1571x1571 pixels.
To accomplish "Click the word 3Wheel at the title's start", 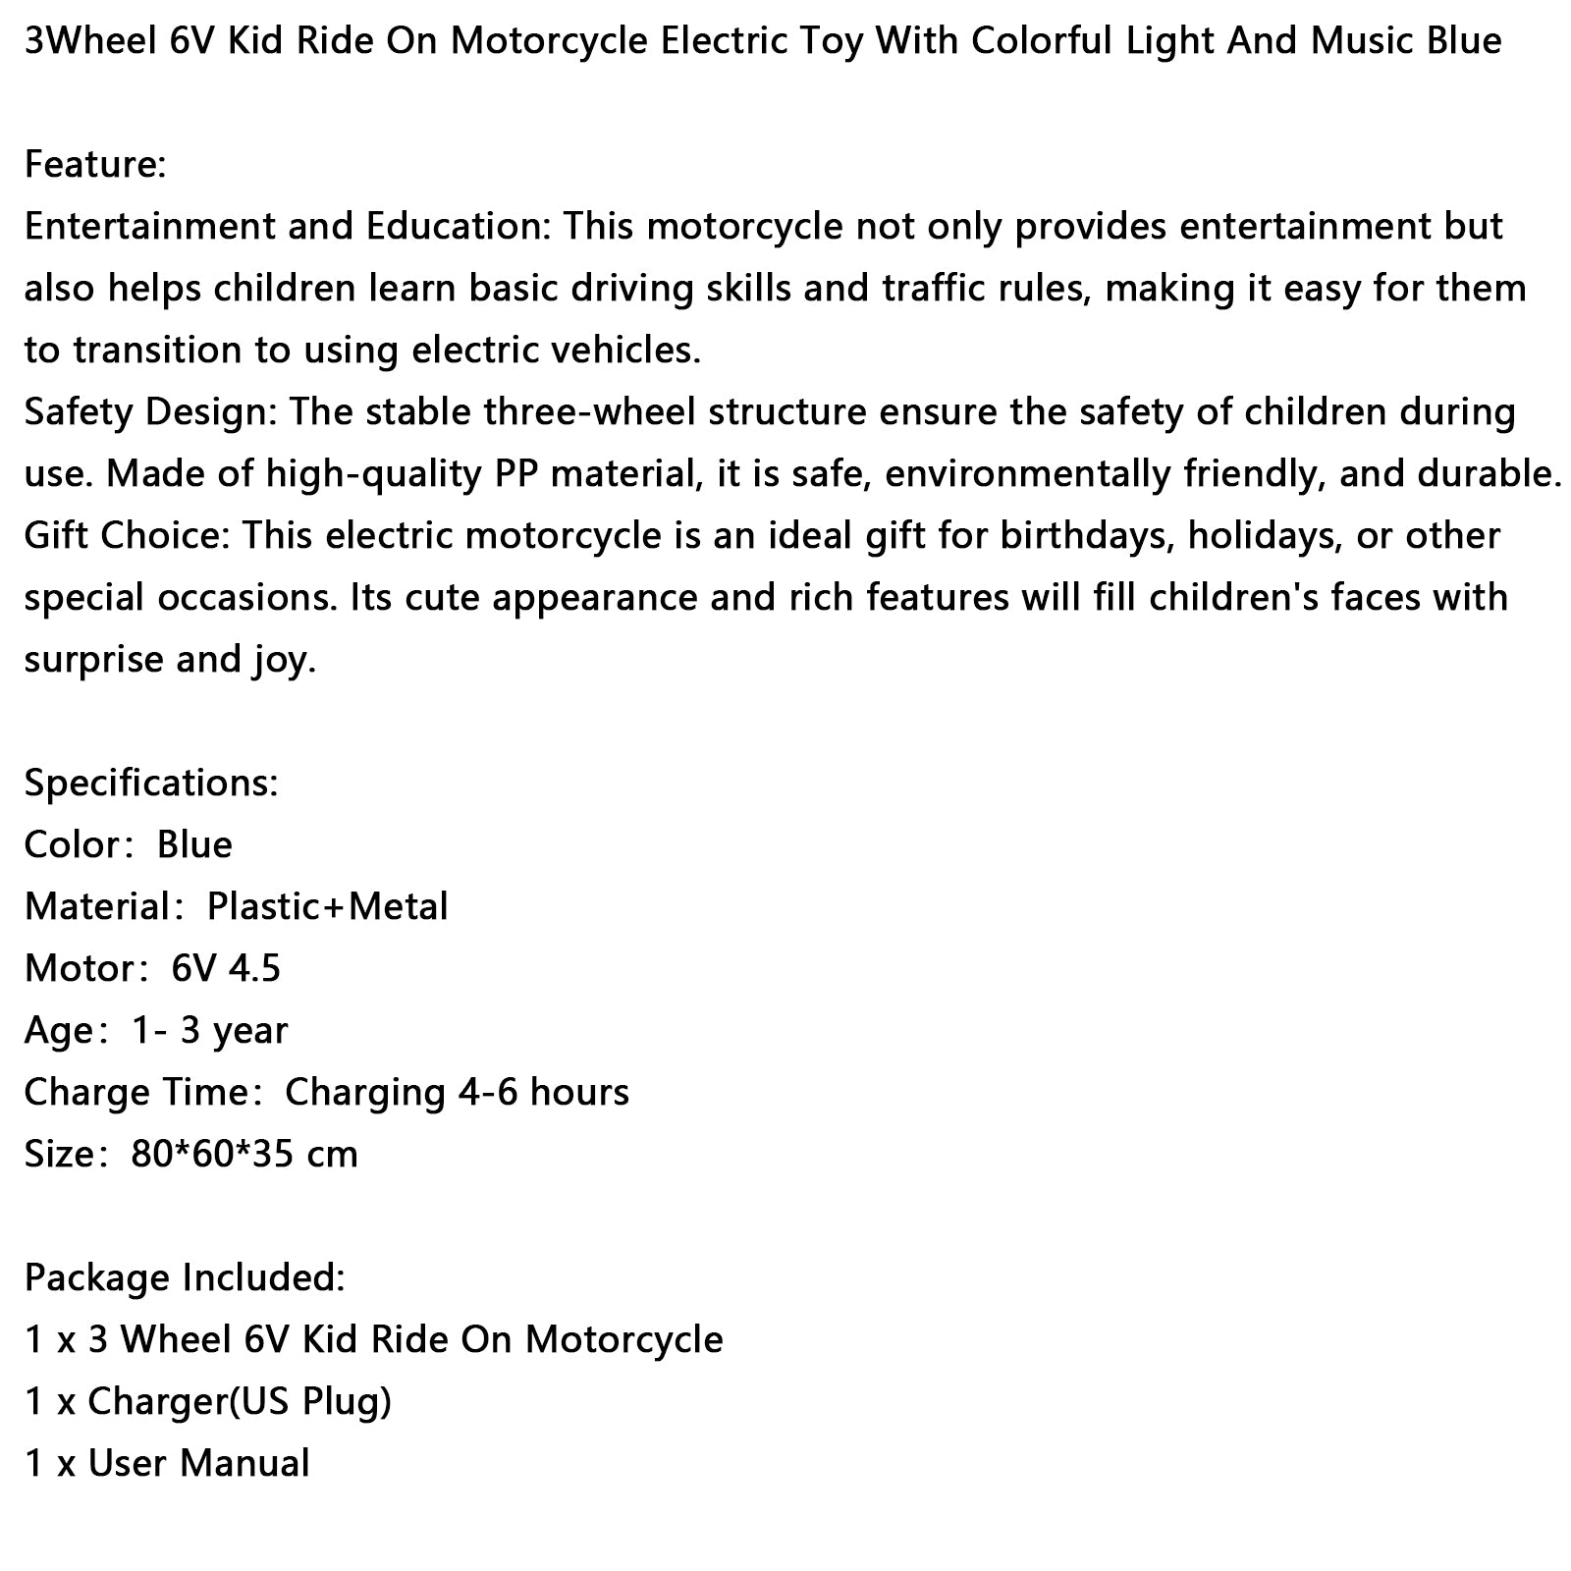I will click(x=81, y=41).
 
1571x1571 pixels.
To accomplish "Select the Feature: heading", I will click(x=95, y=164).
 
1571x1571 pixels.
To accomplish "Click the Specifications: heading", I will click(x=151, y=783).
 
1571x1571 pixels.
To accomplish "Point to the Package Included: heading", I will click(x=185, y=1277).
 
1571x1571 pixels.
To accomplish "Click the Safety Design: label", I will click(x=151, y=412).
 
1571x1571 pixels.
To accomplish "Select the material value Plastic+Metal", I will click(x=327, y=906).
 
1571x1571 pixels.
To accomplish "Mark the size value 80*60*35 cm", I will click(x=244, y=1154).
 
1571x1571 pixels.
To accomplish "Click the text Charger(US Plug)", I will click(x=240, y=1401).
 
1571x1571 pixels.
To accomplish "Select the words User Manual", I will click(x=198, y=1463).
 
